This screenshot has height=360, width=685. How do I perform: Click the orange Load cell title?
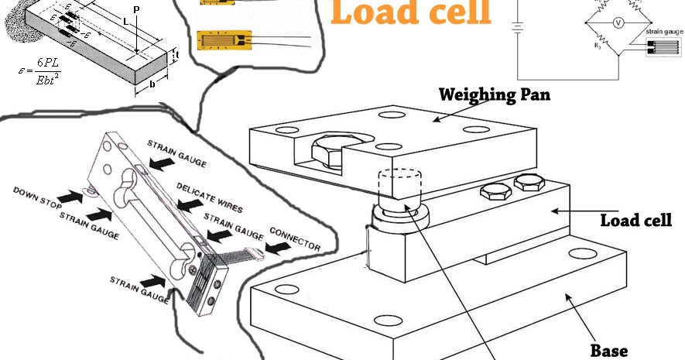coord(412,13)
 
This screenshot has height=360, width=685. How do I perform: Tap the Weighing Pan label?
coord(488,95)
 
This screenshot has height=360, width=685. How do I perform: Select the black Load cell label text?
coord(642,221)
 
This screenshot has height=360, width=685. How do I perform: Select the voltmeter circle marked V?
coord(618,23)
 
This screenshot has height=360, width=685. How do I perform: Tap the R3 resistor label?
coord(598,46)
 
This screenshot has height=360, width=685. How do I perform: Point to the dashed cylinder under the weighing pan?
coord(396,186)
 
